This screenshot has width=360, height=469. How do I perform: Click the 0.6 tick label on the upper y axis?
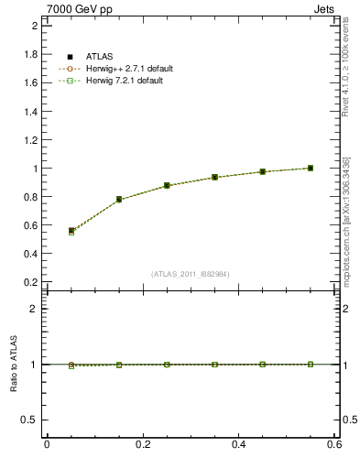[x=31, y=225]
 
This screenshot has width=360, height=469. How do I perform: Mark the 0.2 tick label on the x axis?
[x=143, y=444]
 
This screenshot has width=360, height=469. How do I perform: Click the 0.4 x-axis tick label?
[x=238, y=444]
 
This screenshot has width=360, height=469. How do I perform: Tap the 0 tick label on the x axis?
[x=47, y=444]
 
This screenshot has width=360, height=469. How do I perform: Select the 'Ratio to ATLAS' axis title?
[x=16, y=364]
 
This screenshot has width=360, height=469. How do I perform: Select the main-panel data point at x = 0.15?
[x=119, y=199]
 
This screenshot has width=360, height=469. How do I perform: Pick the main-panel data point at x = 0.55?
[x=311, y=168]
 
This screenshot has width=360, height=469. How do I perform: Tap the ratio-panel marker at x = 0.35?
[x=214, y=364]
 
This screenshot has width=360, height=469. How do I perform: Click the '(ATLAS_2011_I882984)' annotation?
[x=191, y=274]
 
